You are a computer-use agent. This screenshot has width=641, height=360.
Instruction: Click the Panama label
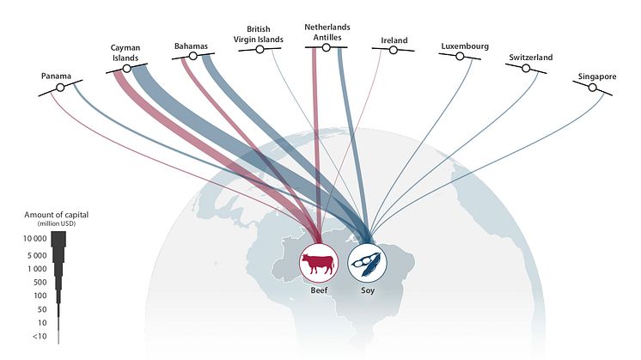(56, 76)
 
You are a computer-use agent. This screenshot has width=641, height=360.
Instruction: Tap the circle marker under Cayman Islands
(126, 69)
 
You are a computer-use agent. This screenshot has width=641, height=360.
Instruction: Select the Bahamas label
(191, 46)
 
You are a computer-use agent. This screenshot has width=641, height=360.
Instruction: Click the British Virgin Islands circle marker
(259, 50)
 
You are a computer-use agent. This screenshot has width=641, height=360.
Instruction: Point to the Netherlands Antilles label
(327, 33)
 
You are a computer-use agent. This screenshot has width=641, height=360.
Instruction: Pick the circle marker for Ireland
(394, 50)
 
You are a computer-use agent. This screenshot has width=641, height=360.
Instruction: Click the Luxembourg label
(465, 46)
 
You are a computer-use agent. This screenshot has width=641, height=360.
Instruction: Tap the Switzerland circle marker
(526, 68)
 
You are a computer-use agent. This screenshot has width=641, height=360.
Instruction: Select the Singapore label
(597, 76)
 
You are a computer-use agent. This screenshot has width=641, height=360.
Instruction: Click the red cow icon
(318, 263)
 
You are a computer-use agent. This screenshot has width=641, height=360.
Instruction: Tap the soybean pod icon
(367, 264)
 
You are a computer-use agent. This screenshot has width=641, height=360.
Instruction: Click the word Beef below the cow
(319, 290)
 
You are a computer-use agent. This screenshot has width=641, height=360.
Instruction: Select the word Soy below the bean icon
(368, 290)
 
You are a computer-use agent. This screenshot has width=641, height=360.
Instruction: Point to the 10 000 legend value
(34, 239)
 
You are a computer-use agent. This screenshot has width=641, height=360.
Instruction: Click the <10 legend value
(40, 336)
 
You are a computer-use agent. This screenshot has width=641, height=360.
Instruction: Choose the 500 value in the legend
(40, 283)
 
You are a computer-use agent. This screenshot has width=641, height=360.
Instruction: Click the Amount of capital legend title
(57, 215)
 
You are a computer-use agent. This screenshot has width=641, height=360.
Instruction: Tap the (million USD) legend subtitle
(57, 224)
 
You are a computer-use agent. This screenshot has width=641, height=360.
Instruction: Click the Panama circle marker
(60, 88)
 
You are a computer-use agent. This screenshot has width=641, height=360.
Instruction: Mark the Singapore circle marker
(592, 88)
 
